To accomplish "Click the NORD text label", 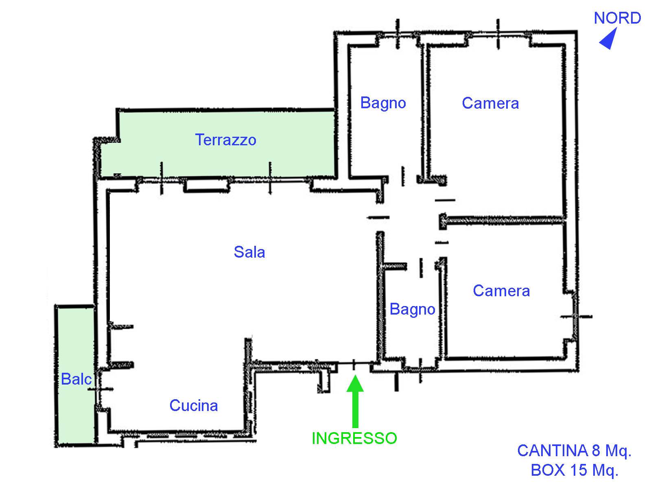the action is (617, 18).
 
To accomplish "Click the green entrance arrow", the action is (355, 400).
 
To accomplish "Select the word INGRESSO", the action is (354, 438).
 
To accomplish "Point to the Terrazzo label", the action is (226, 140).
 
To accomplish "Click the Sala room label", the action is (249, 252).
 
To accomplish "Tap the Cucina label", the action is (194, 405).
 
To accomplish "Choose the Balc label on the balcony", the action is (76, 379).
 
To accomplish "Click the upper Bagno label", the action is (383, 103).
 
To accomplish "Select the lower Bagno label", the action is (413, 309).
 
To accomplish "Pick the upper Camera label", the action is (490, 103).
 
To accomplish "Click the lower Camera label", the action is (501, 291).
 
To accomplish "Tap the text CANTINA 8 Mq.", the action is (574, 450).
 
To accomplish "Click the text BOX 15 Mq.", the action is (575, 470).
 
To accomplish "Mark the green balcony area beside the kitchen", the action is (76, 374).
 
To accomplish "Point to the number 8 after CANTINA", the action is (596, 450).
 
